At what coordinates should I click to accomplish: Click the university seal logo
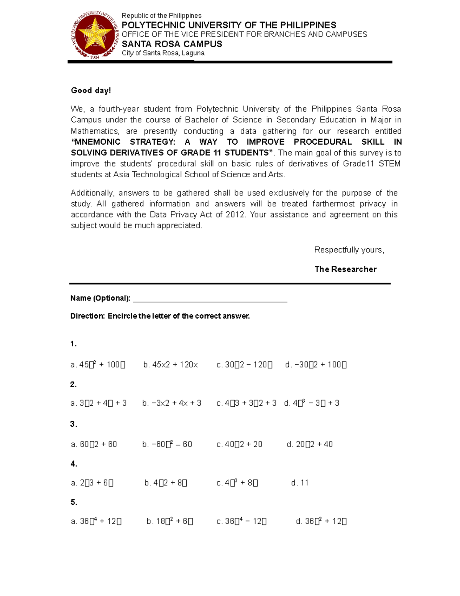tap(94, 35)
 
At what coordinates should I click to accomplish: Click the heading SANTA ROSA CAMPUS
tap(172, 44)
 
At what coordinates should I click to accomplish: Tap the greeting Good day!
tap(91, 91)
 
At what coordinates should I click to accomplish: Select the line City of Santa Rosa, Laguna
tap(163, 53)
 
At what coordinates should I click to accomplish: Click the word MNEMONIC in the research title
tap(96, 142)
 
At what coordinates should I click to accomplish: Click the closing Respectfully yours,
tap(349, 250)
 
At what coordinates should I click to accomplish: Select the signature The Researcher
tap(345, 269)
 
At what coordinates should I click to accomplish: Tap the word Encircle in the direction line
tap(122, 316)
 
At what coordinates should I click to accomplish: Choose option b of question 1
tap(171, 365)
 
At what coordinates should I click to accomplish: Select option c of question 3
tap(239, 444)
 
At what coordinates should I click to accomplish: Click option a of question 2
tap(99, 403)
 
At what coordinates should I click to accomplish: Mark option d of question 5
tap(321, 521)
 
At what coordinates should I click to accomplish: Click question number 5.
tap(74, 502)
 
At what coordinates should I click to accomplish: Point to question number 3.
tap(74, 424)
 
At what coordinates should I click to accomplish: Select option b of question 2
tap(172, 403)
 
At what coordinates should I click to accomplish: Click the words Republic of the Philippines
tap(161, 16)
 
